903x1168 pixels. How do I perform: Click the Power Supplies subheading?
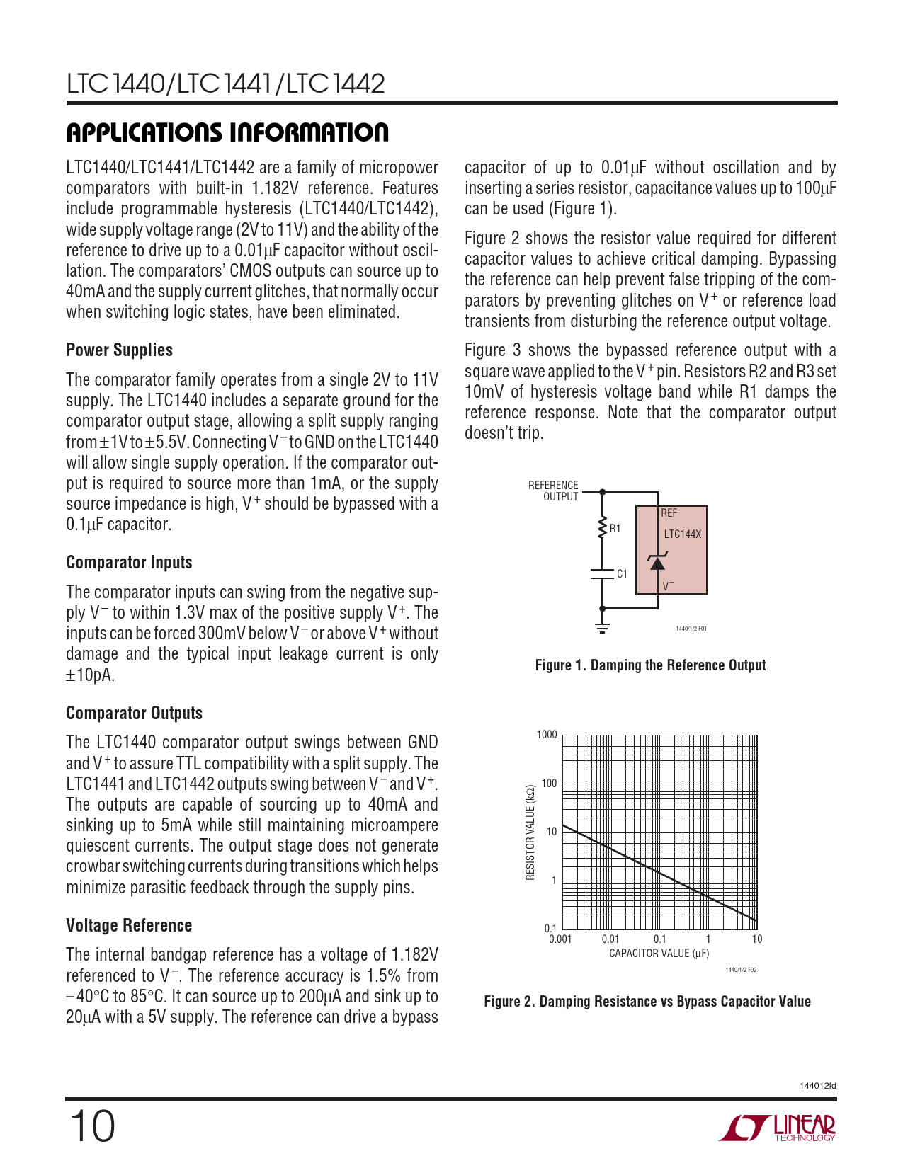pos(119,350)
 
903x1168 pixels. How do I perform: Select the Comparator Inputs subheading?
pos(129,563)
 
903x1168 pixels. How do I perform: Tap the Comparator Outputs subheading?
pos(134,714)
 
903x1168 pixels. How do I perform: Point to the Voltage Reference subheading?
pos(129,926)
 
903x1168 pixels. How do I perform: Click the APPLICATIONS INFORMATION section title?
pos(227,132)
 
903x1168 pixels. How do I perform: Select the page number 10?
pos(91,1126)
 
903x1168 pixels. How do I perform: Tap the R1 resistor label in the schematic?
pos(615,529)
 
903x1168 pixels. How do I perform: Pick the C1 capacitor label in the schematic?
pos(622,574)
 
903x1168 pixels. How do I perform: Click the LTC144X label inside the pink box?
pos(682,534)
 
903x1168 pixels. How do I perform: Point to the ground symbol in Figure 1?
pos(602,626)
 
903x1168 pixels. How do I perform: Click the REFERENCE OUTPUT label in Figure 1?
pos(553,491)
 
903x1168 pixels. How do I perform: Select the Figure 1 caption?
pos(650,665)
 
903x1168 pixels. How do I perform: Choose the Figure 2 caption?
pos(647,1002)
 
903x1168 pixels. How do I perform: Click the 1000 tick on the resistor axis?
pos(547,735)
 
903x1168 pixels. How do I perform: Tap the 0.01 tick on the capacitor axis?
pos(610,939)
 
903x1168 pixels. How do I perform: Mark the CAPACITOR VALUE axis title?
pos(659,954)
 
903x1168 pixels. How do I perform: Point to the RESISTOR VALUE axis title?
pos(530,832)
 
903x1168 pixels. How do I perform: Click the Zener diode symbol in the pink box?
pos(657,563)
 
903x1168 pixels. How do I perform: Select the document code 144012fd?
pos(817,1086)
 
